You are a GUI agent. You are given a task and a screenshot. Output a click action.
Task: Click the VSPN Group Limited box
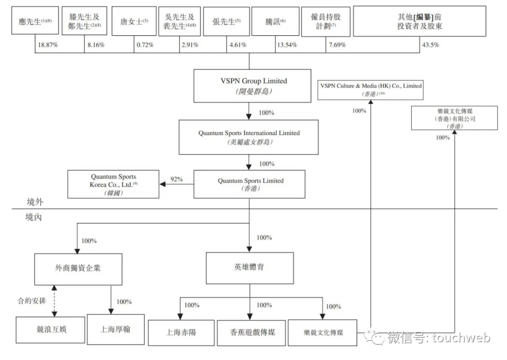[x=252, y=86]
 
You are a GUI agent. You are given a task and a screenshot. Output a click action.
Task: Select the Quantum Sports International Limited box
[x=249, y=138]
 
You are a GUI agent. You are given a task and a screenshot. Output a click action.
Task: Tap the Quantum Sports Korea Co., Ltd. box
[x=113, y=184]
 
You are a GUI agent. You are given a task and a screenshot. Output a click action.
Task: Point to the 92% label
[x=177, y=179]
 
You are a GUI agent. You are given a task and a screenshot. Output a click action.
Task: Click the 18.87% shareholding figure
[x=48, y=45]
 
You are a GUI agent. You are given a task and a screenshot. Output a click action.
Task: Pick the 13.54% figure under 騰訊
[x=287, y=45]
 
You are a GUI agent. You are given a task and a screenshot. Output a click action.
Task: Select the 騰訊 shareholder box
[x=275, y=21]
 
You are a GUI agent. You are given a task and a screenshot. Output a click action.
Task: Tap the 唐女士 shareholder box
[x=134, y=21]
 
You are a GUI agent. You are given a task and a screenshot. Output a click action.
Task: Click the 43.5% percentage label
[x=430, y=45]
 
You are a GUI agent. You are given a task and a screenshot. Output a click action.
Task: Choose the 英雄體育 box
[x=250, y=268]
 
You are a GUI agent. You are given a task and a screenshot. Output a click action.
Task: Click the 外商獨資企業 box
[x=78, y=269]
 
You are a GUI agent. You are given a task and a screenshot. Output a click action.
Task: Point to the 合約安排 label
[x=32, y=301]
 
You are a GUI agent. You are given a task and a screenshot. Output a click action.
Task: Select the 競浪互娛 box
[x=50, y=329]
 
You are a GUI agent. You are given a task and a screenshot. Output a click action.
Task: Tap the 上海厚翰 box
[x=116, y=329]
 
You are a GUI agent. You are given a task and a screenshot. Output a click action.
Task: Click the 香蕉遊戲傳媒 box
[x=251, y=333]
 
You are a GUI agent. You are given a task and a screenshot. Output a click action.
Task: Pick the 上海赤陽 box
[x=181, y=333]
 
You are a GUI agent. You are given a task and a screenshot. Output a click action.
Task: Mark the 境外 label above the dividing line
[x=35, y=202]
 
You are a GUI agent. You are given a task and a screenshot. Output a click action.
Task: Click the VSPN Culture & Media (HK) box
[x=370, y=90]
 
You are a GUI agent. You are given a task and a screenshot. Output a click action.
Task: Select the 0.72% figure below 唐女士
[x=145, y=45]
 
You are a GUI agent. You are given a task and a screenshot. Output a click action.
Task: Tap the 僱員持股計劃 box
[x=326, y=22]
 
